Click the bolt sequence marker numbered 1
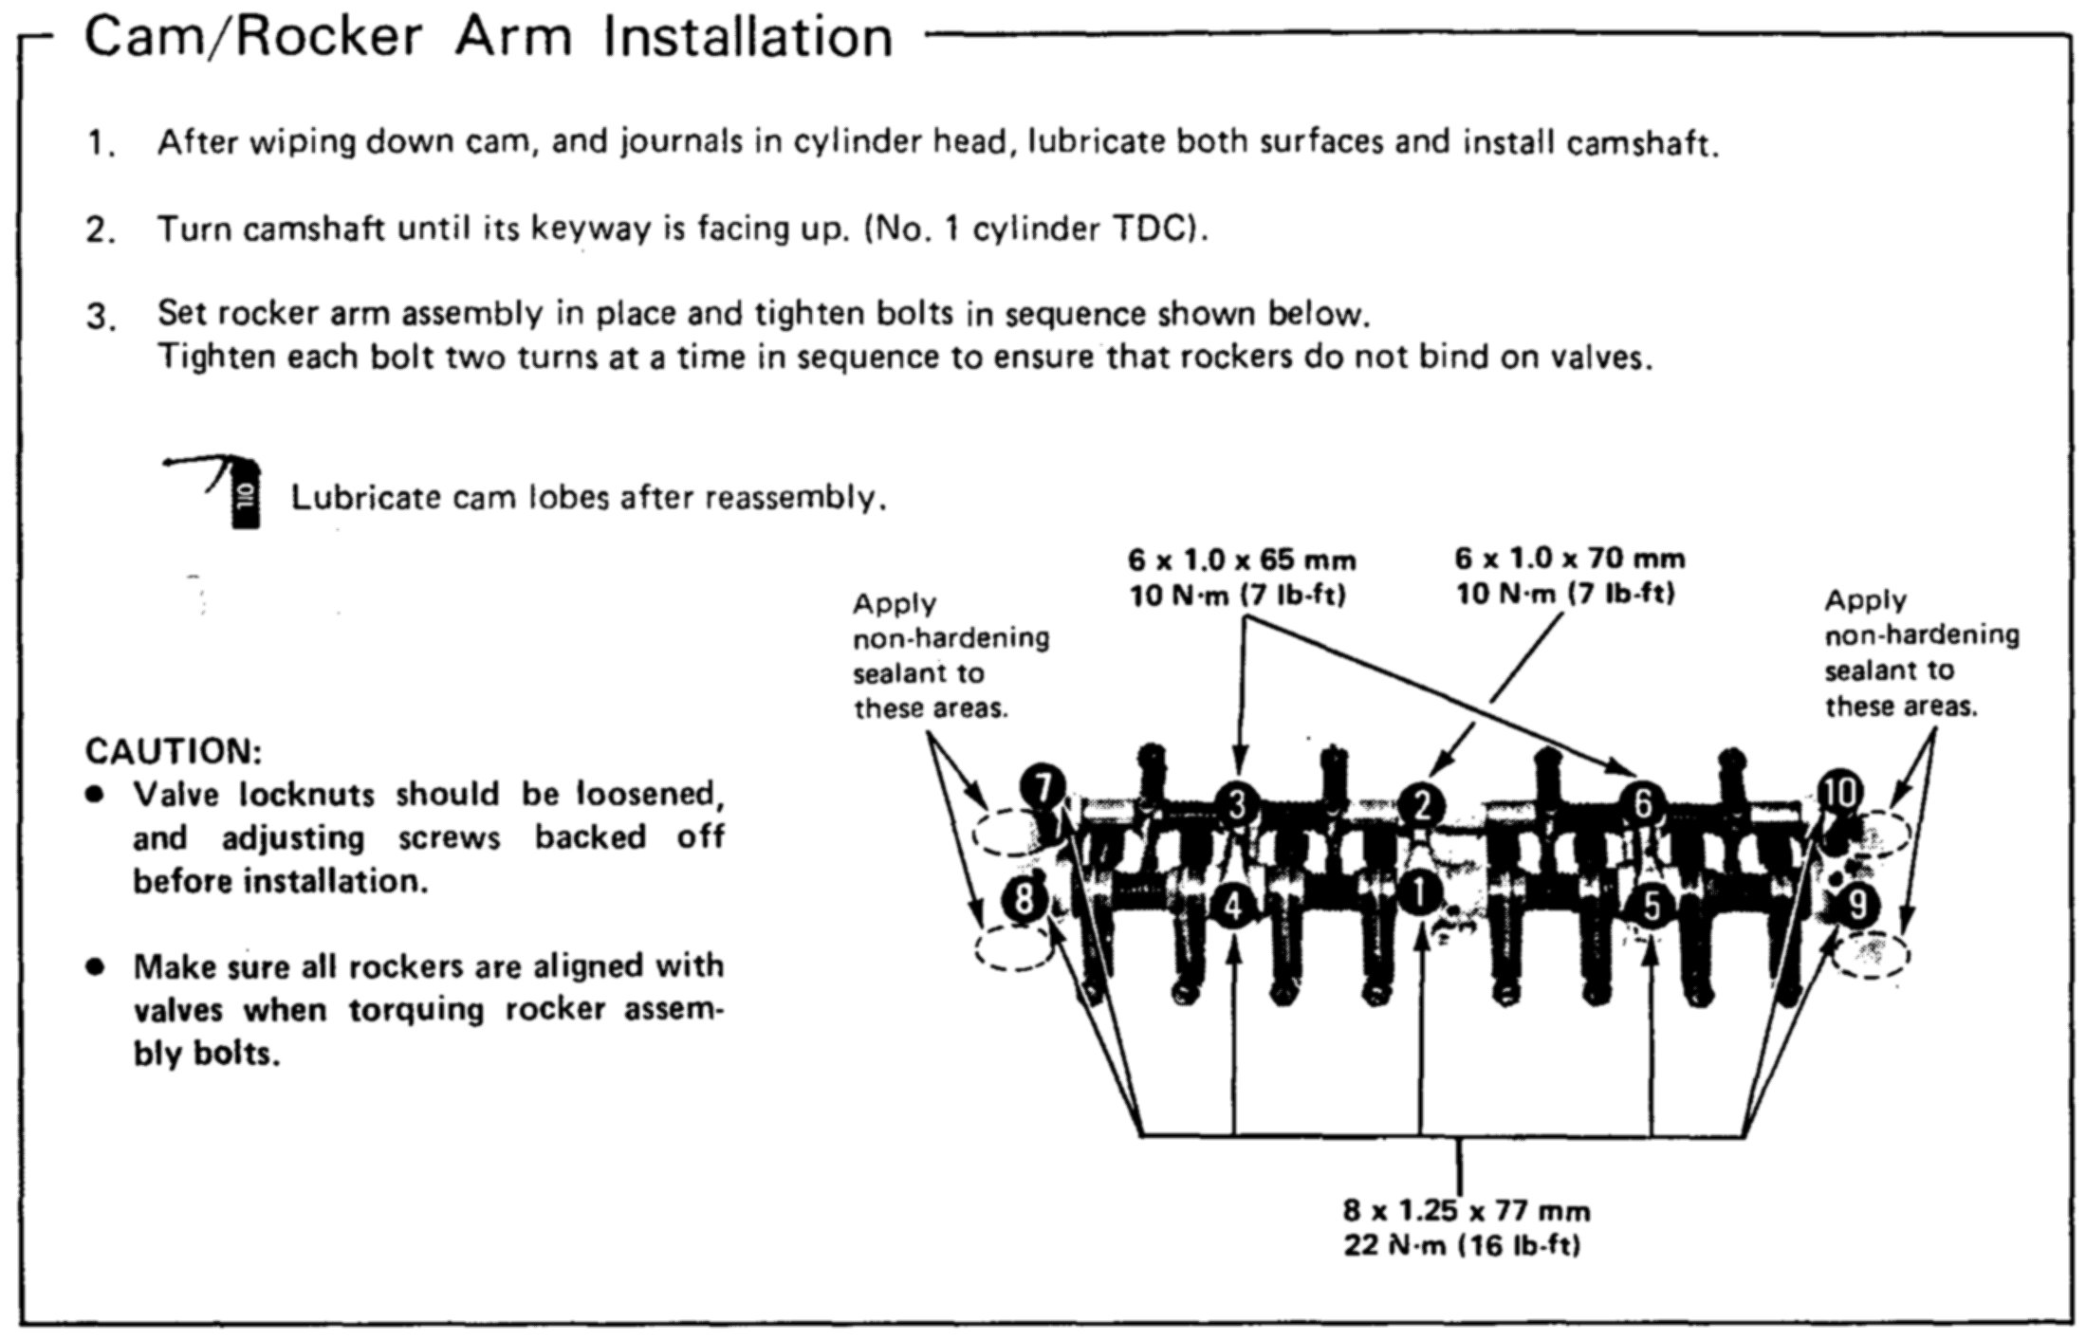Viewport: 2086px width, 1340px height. [x=1420, y=891]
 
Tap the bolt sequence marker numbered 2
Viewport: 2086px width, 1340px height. [x=1422, y=805]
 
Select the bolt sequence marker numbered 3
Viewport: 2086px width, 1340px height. [x=1238, y=805]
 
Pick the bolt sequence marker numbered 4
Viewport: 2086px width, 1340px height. [x=1232, y=906]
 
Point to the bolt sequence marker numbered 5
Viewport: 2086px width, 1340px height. [x=1652, y=906]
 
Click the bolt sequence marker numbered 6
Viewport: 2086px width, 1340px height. [x=1643, y=804]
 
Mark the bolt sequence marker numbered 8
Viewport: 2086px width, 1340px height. [x=1024, y=897]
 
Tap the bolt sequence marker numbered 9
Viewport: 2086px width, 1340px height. [x=1856, y=905]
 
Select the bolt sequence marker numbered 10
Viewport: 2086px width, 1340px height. [x=1840, y=792]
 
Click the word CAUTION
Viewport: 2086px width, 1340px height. [x=174, y=751]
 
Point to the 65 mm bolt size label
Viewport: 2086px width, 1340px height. [x=1242, y=560]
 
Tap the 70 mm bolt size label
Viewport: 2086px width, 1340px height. [x=1570, y=558]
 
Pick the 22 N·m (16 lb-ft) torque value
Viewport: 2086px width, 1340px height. [x=1462, y=1245]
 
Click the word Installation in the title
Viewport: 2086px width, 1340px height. [x=748, y=38]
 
